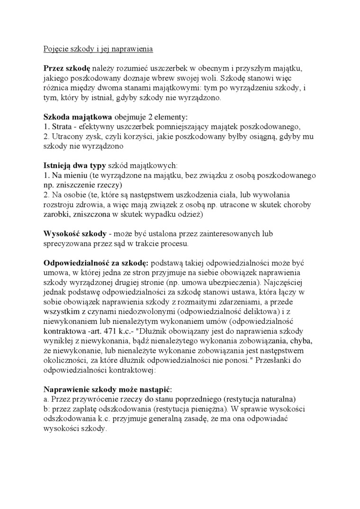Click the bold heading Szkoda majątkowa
(78, 116)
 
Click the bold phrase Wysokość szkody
(74, 234)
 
